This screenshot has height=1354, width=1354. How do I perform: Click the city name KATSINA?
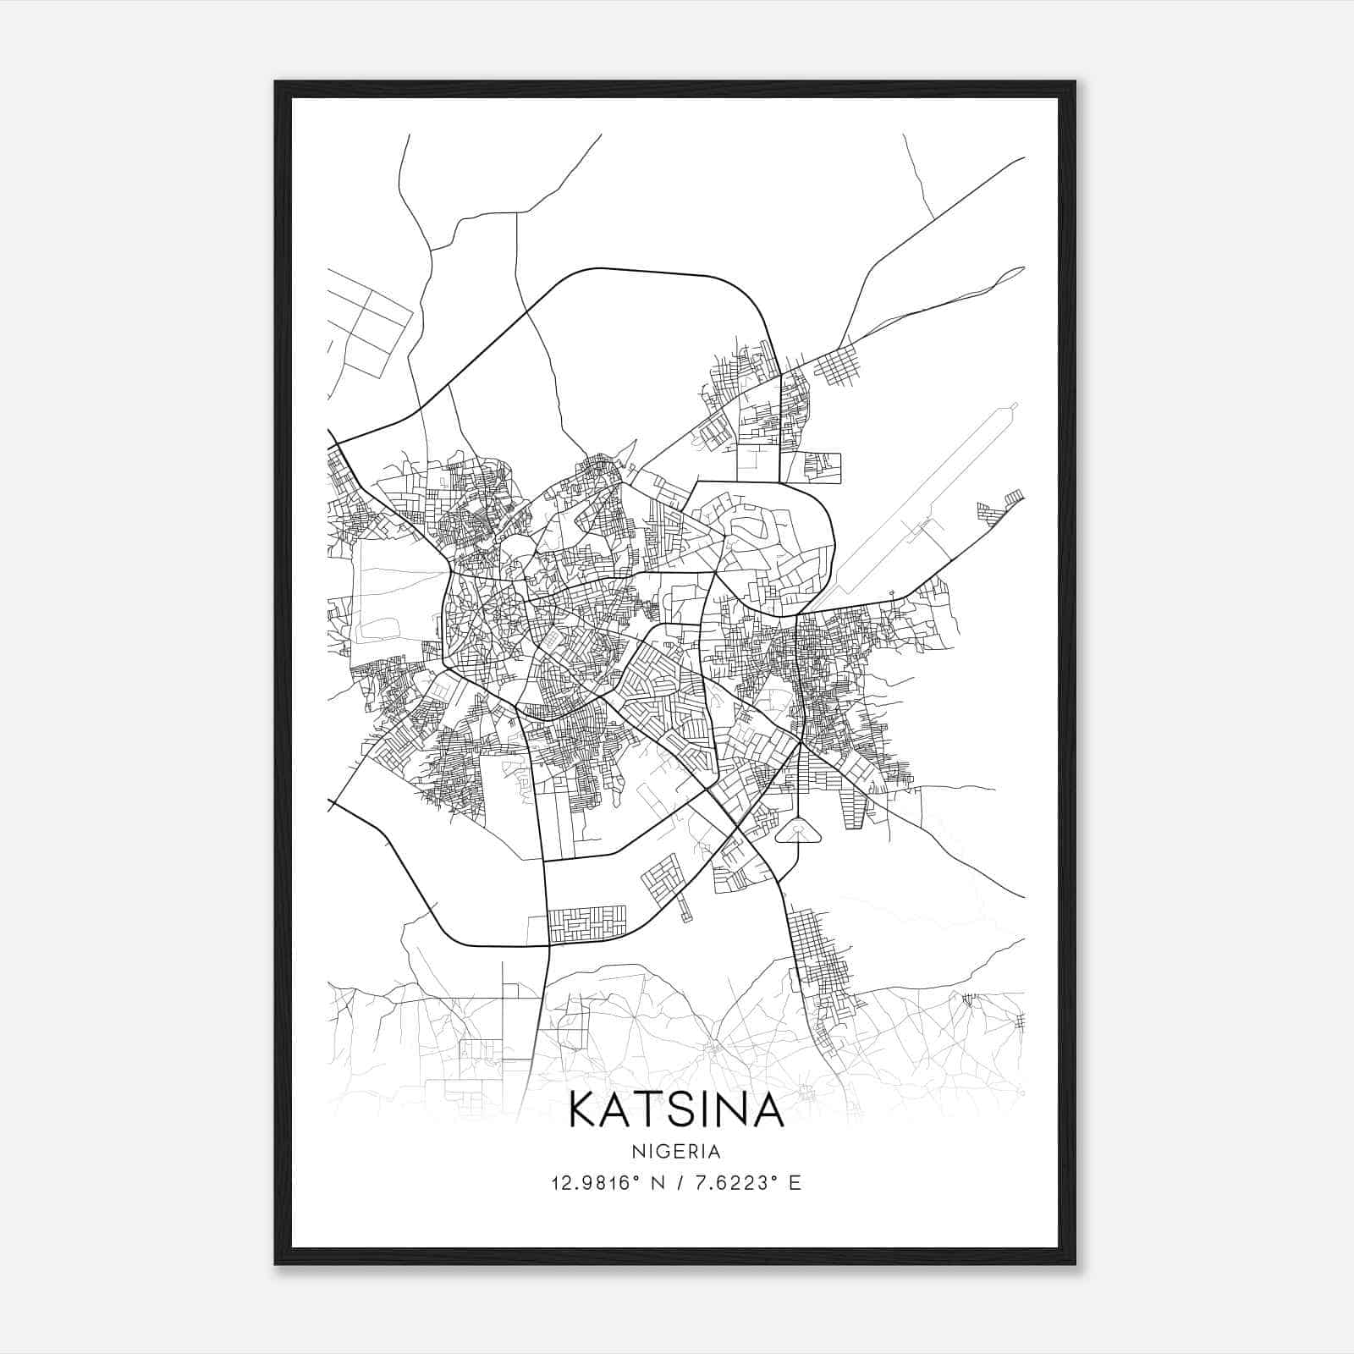[x=676, y=1109]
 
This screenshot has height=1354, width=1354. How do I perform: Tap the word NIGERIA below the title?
[x=676, y=1152]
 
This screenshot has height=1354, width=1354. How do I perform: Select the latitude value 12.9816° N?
[x=606, y=1183]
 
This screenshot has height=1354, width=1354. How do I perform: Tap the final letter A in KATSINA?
[x=766, y=1109]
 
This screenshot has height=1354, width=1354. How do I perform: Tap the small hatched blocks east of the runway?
[x=1001, y=508]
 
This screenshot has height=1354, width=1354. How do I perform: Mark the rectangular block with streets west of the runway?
[x=811, y=467]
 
